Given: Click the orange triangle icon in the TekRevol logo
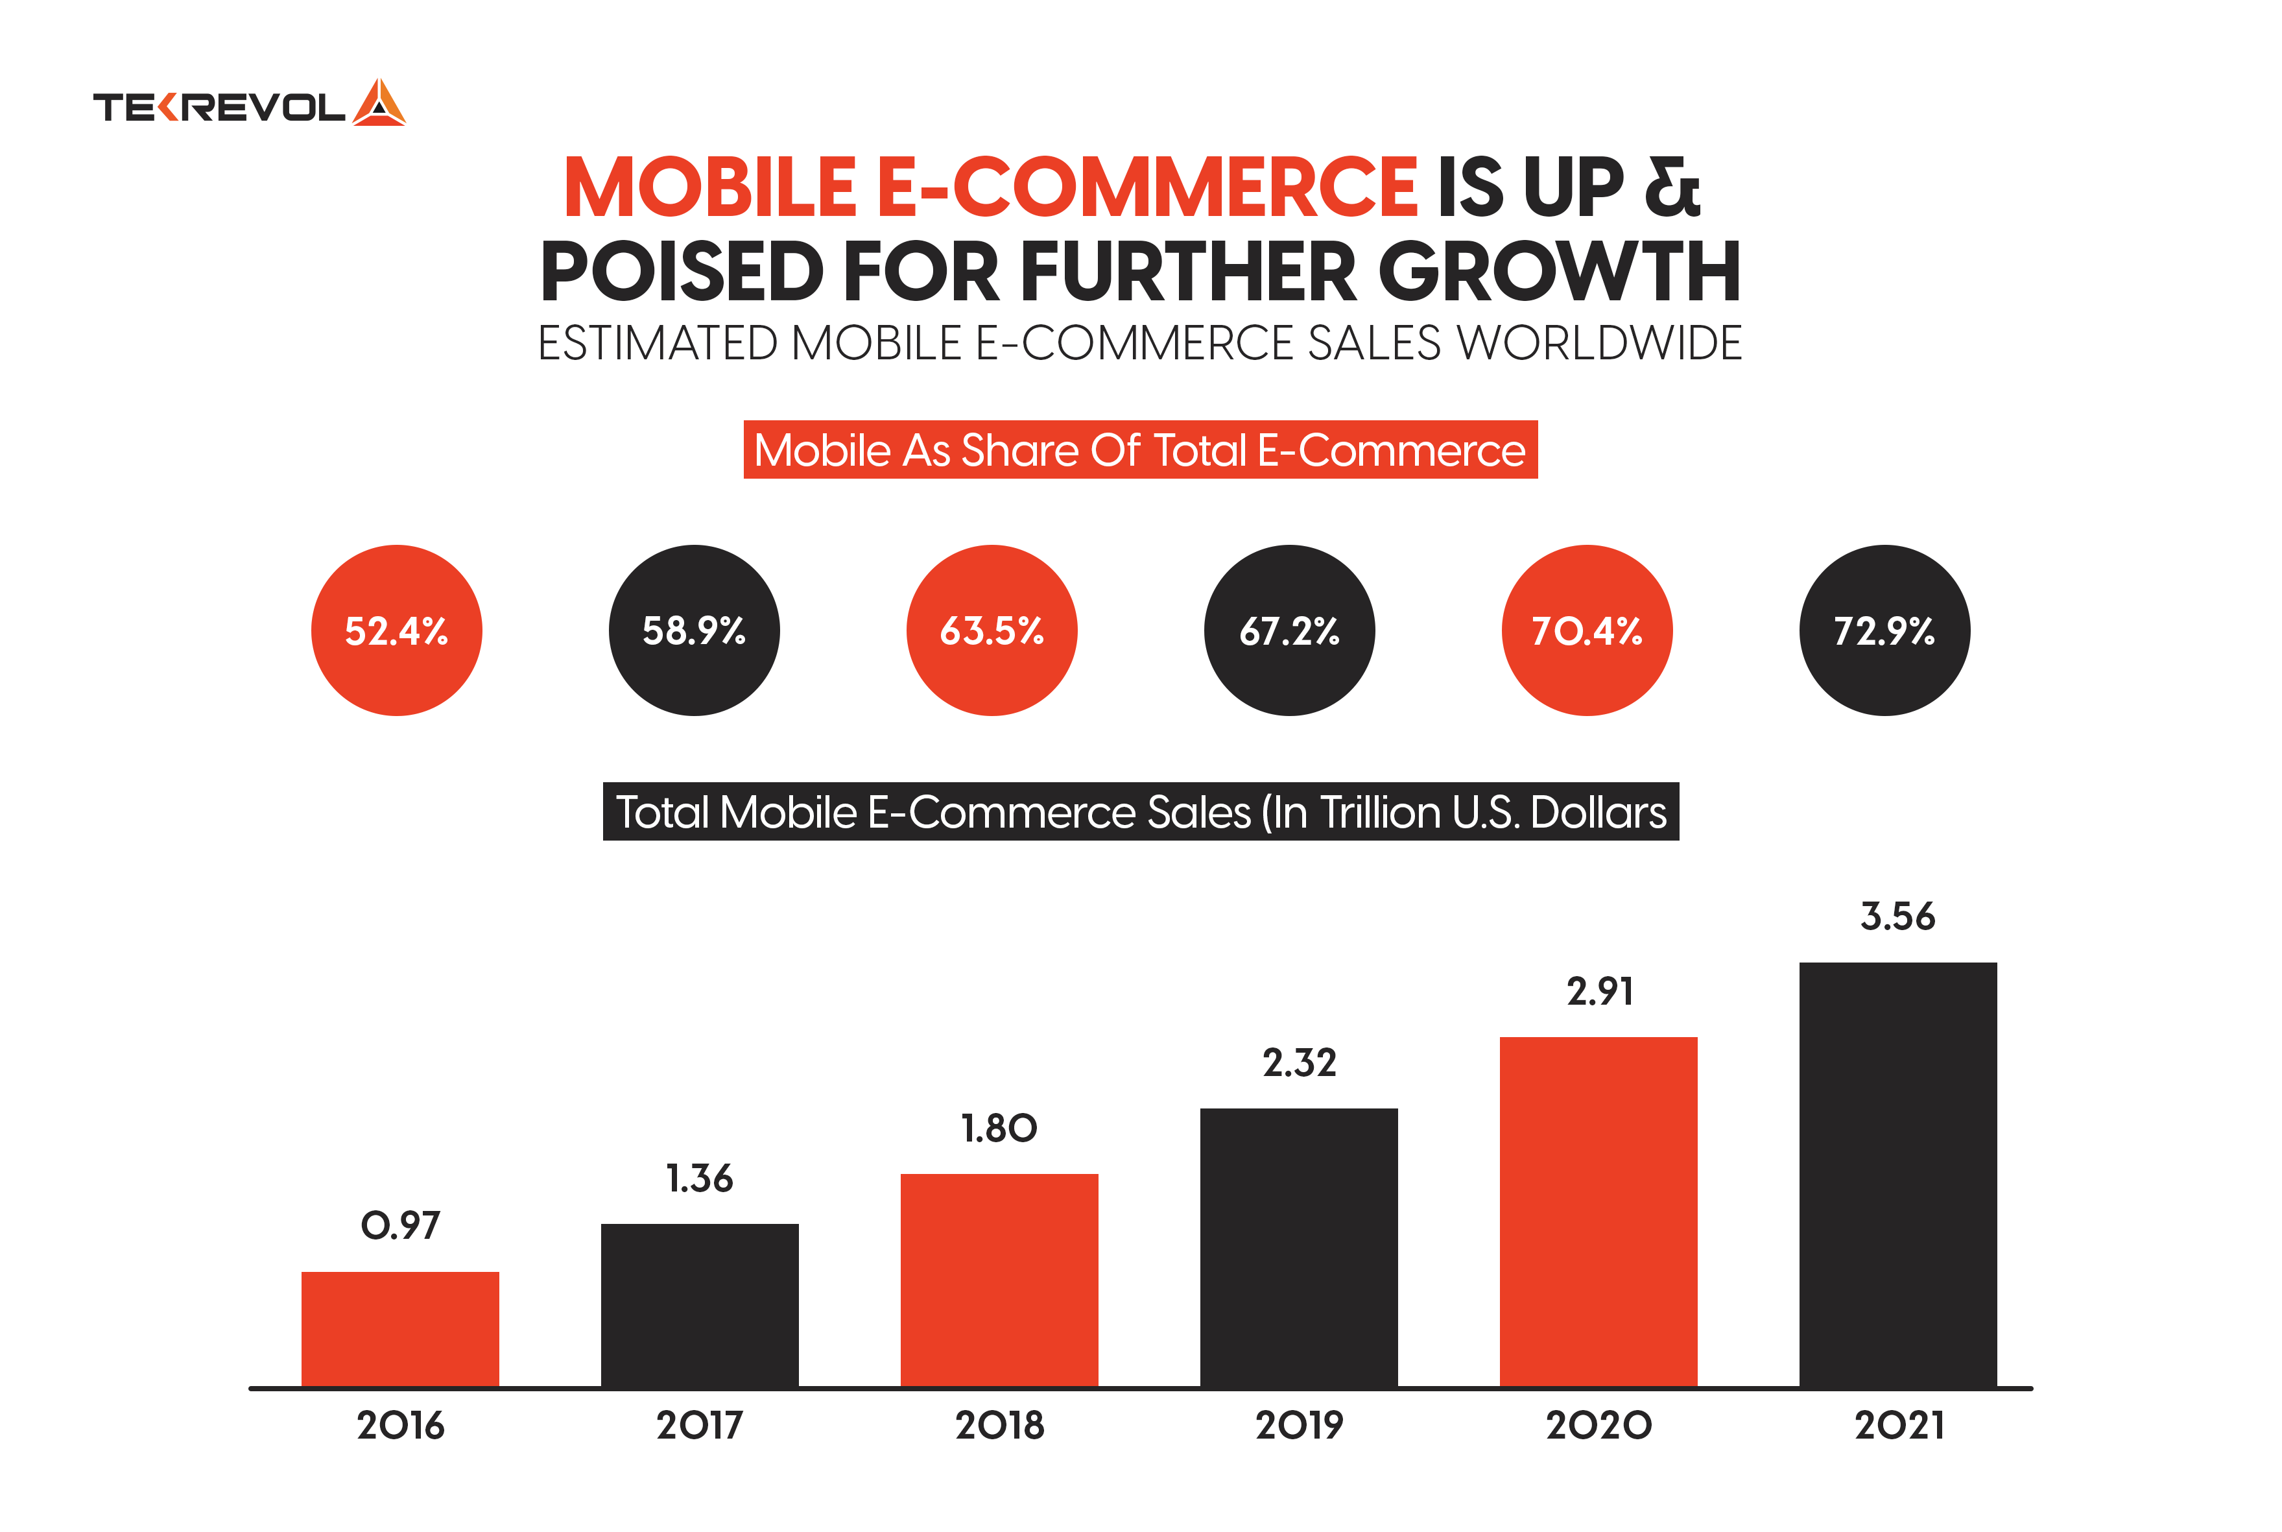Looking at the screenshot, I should click(x=379, y=104).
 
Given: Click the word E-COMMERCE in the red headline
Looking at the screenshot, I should click(x=1145, y=187).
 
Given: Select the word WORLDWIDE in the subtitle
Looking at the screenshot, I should click(x=1599, y=344).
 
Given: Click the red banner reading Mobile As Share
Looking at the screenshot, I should click(x=1140, y=450).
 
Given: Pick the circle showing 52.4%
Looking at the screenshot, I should click(x=397, y=630).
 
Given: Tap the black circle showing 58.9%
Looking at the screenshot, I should click(x=694, y=630).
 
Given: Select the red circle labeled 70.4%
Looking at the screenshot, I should click(x=1586, y=630).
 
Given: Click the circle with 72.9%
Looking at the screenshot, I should click(x=1884, y=630).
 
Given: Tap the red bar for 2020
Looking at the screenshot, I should click(x=1599, y=1212).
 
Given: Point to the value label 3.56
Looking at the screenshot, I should click(x=1897, y=916).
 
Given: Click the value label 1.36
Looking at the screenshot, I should click(x=700, y=1179).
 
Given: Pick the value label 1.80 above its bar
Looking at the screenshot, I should click(x=999, y=1129).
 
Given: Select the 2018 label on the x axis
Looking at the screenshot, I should click(x=999, y=1426).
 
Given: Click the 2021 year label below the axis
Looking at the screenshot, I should click(x=1898, y=1426).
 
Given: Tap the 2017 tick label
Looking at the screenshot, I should click(x=700, y=1426).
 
